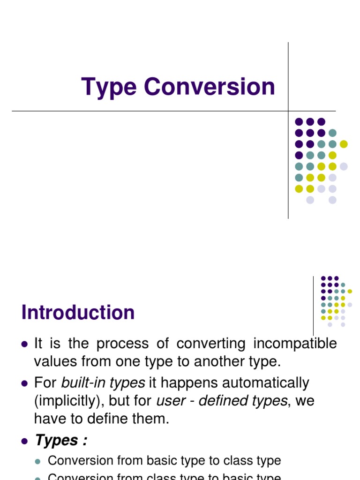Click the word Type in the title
tap(109, 88)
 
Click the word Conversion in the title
tap(210, 87)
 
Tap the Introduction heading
tap(78, 313)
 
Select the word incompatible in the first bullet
tap(295, 344)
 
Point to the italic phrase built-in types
tap(103, 383)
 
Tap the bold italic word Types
tap(57, 441)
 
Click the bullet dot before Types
tap(25, 441)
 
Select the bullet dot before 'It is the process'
tap(25, 344)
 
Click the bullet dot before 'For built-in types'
tap(25, 383)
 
